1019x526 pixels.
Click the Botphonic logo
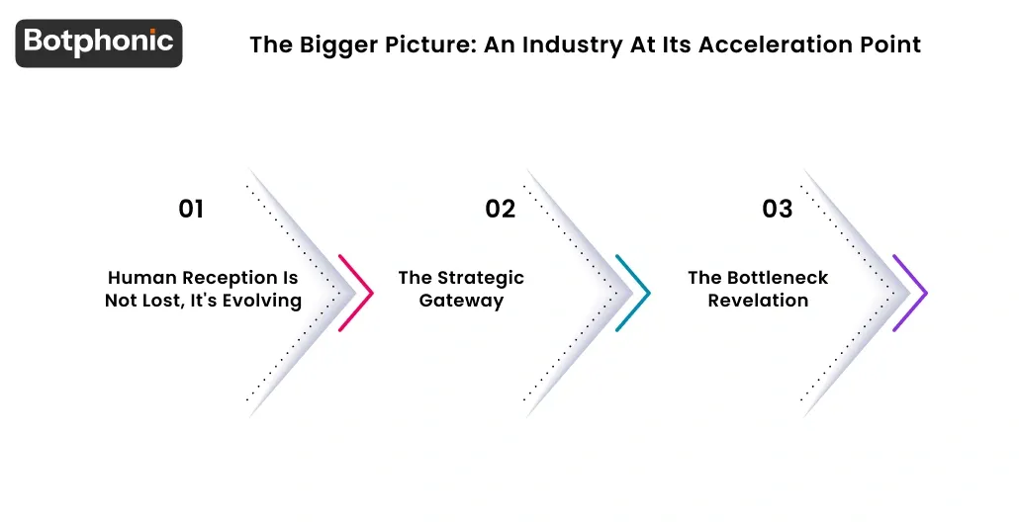pos(99,43)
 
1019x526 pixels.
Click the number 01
pos(191,209)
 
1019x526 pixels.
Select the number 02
pos(500,209)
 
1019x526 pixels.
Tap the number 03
pos(777,209)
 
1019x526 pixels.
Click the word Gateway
pos(461,301)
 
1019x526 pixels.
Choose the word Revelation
pos(758,301)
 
